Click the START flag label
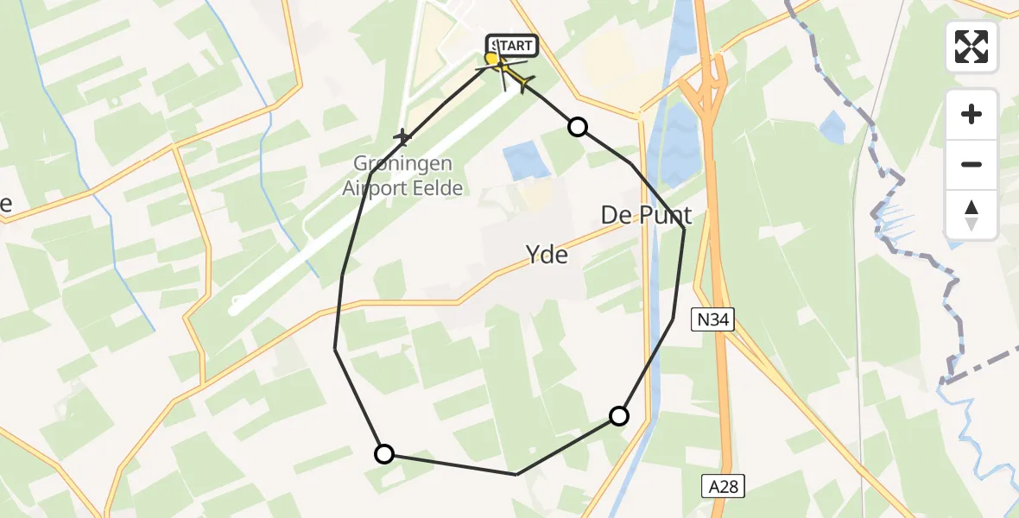(x=512, y=45)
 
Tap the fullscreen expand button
(x=972, y=46)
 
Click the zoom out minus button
(x=972, y=164)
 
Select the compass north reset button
(x=972, y=214)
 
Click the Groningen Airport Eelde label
(x=402, y=175)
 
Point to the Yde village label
(x=547, y=254)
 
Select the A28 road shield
(x=723, y=486)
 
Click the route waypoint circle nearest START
(x=578, y=128)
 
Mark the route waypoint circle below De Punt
(x=619, y=416)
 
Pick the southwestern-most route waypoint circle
(x=384, y=453)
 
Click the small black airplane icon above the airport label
(x=402, y=136)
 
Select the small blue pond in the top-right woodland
(x=832, y=127)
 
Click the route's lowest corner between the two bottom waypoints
(x=516, y=474)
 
